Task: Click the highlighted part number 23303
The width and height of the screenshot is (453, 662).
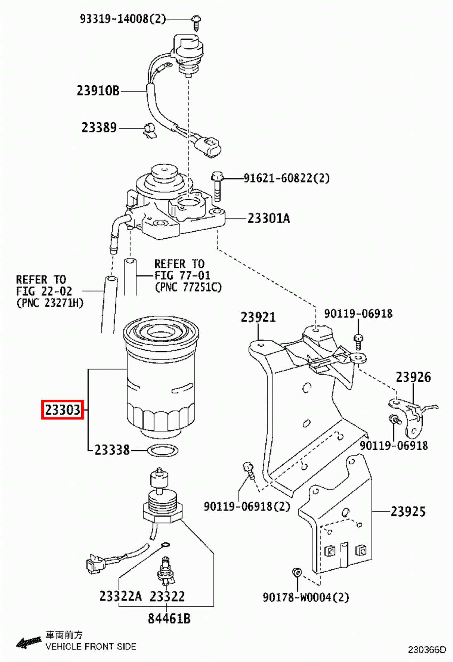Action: (x=63, y=410)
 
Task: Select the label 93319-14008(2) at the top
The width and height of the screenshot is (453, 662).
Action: (x=123, y=19)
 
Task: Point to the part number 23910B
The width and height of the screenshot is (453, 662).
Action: (x=98, y=91)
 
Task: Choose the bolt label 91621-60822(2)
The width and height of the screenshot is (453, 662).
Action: (x=287, y=178)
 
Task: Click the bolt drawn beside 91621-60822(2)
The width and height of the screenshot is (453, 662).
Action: (x=217, y=186)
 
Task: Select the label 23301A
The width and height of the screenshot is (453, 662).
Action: (x=269, y=218)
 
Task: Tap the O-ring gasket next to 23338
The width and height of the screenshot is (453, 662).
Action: (x=163, y=450)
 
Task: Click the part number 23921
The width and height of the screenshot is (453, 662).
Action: (x=258, y=317)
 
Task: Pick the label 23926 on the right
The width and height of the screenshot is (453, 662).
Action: (x=413, y=377)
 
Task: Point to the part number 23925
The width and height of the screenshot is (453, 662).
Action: (x=408, y=512)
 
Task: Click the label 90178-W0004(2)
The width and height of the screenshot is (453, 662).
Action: (x=306, y=597)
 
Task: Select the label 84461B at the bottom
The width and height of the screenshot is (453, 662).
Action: (x=169, y=619)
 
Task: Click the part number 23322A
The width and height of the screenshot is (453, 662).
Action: (x=120, y=596)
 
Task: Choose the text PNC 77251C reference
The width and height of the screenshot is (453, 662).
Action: (x=188, y=287)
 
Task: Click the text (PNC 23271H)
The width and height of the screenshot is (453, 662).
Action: (x=50, y=303)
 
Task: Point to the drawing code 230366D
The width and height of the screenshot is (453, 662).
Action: (x=427, y=650)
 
